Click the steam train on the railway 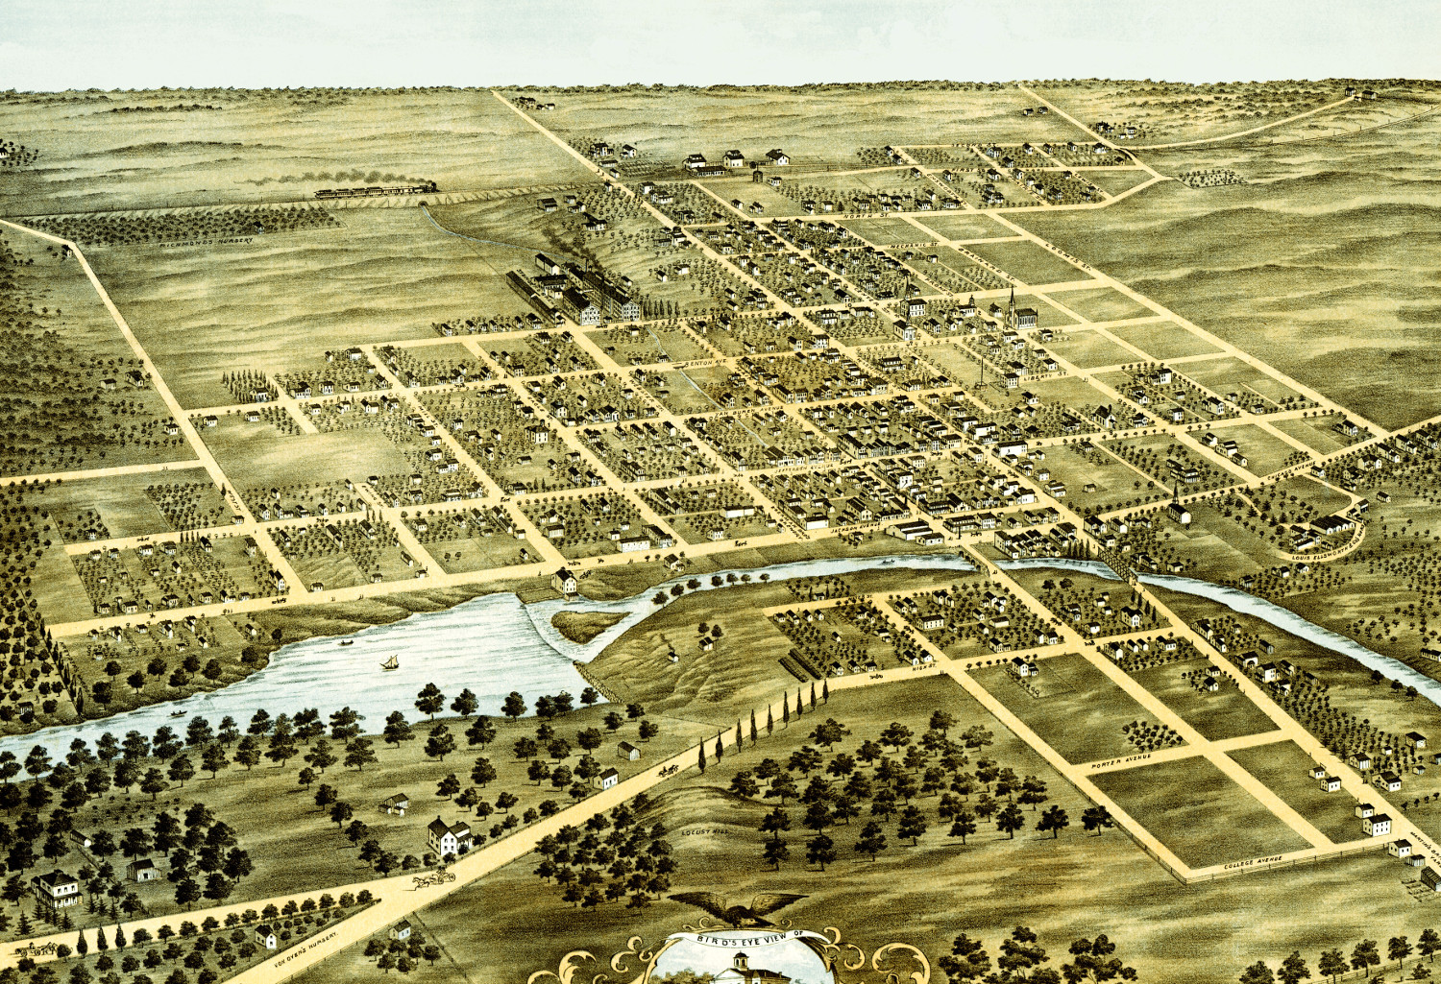click(375, 190)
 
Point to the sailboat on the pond click(390, 662)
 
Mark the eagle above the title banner click(738, 907)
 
